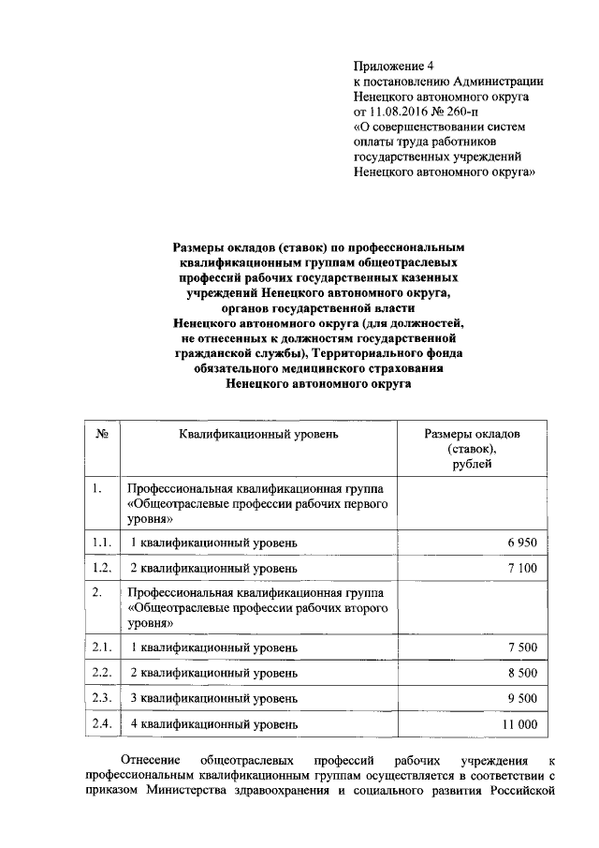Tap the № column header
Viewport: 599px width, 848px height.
tap(103, 434)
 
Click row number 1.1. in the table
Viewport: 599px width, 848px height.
tap(102, 543)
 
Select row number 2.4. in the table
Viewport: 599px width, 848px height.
tap(102, 723)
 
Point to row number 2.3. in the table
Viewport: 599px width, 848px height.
tap(102, 698)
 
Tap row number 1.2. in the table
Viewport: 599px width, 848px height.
tap(102, 568)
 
